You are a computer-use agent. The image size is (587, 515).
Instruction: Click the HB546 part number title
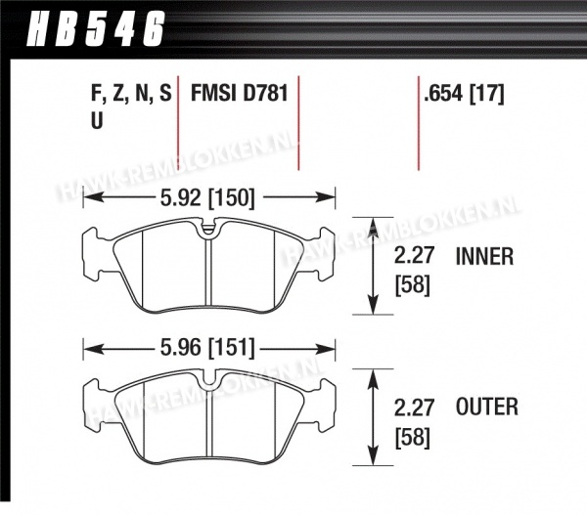click(96, 28)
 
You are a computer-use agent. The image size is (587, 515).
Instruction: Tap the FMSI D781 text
click(240, 93)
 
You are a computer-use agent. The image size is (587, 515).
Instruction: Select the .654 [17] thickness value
click(464, 93)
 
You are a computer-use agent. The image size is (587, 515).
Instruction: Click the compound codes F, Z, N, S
click(131, 94)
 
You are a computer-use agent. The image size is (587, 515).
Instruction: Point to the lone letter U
click(97, 120)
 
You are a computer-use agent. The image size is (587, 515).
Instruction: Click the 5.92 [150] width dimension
click(207, 197)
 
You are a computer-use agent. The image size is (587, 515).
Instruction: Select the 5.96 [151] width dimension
click(207, 349)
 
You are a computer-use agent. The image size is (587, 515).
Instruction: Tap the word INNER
click(484, 257)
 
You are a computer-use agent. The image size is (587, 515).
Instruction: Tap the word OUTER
click(486, 407)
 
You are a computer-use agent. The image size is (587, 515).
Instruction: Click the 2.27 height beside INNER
click(414, 257)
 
